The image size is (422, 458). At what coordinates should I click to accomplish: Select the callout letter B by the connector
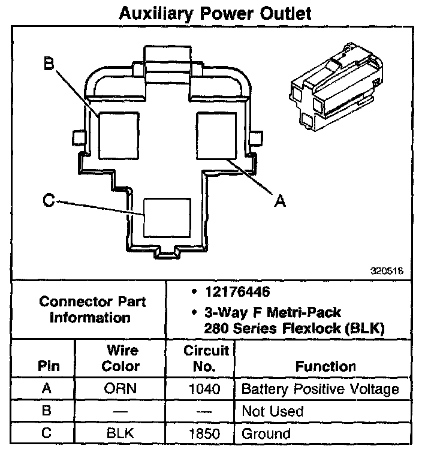pos(50,63)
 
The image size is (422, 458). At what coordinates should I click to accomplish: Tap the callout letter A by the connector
pos(279,201)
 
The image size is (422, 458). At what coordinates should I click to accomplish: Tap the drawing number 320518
pos(388,270)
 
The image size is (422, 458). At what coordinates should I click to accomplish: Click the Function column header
pos(325,366)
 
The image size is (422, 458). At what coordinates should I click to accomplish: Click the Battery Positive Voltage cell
pos(319,389)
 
